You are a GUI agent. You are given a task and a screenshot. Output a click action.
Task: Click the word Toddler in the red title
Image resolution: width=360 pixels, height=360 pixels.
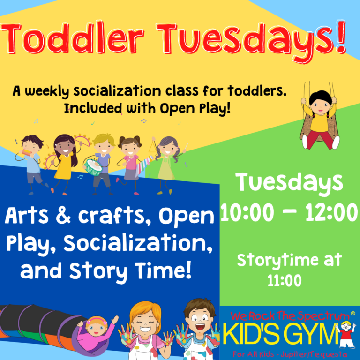click(x=72, y=38)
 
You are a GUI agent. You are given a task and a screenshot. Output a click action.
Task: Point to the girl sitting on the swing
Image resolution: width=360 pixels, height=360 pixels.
click(x=320, y=119)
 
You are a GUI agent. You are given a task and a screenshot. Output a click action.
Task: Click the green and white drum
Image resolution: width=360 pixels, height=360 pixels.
click(x=93, y=167)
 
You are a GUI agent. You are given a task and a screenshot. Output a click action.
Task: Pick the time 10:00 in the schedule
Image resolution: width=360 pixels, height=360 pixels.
click(x=247, y=212)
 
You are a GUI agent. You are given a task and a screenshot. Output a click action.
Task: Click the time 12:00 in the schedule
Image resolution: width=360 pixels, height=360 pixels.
click(x=331, y=212)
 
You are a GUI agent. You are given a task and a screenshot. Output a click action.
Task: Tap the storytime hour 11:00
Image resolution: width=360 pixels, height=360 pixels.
click(x=285, y=280)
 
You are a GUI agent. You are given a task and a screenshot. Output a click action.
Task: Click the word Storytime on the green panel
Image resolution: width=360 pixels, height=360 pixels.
click(x=277, y=261)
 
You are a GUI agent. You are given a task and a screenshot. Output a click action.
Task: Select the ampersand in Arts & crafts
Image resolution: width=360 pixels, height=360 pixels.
click(x=64, y=215)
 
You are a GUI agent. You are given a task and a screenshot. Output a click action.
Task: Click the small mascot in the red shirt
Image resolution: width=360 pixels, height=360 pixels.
click(x=347, y=335)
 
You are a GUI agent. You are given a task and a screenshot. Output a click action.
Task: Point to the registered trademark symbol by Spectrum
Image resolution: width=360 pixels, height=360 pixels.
click(x=353, y=313)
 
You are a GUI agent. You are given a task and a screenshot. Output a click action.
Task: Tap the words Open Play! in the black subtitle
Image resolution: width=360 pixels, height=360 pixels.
click(x=195, y=108)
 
